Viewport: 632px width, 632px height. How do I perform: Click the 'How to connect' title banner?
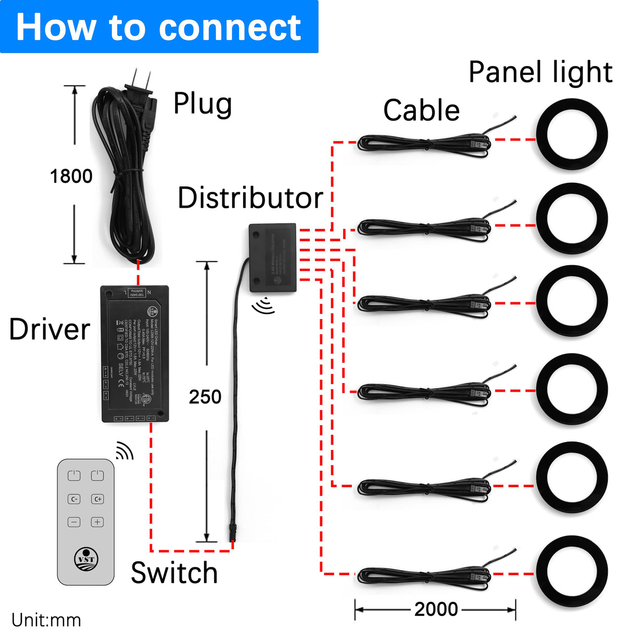(x=159, y=27)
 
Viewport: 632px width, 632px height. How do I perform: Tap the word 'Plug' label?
(x=203, y=104)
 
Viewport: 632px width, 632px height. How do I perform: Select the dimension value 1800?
(x=71, y=176)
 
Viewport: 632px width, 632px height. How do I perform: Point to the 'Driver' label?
(x=50, y=330)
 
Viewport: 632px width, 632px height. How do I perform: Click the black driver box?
(x=135, y=354)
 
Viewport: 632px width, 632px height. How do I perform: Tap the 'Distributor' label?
(x=250, y=198)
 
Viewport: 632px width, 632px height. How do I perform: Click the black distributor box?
(x=273, y=257)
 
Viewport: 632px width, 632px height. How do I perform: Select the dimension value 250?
(x=205, y=397)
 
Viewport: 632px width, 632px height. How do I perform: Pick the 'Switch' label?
(x=174, y=573)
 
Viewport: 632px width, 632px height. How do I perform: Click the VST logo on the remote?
(x=86, y=559)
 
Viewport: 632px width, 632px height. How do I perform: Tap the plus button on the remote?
(x=97, y=522)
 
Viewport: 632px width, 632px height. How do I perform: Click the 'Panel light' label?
(x=540, y=72)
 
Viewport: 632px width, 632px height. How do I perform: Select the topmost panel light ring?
(x=572, y=134)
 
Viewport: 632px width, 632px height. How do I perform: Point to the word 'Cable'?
(x=421, y=110)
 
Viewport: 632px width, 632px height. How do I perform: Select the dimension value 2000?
(x=436, y=609)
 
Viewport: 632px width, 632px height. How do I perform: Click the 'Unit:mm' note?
(x=46, y=620)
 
